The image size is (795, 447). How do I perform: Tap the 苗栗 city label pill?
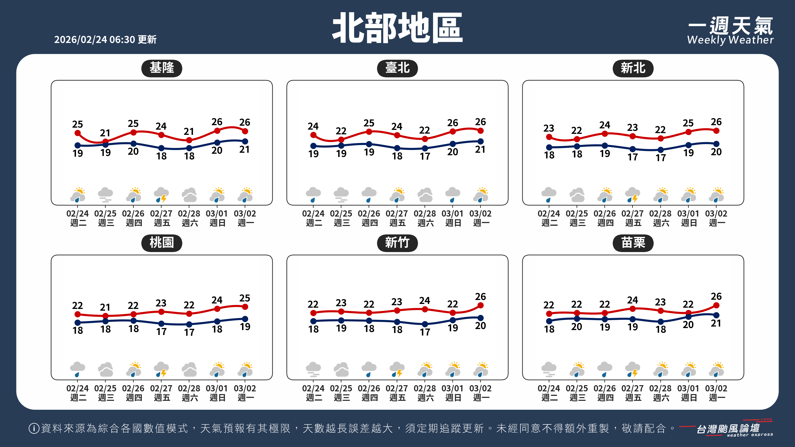[633, 243]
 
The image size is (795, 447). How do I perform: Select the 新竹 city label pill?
[397, 243]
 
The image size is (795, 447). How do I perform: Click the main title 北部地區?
[397, 28]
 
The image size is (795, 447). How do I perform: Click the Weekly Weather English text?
[730, 40]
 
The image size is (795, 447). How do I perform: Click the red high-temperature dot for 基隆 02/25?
[106, 142]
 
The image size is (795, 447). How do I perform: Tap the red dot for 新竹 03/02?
[480, 305]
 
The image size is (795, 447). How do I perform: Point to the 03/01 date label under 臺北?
[452, 214]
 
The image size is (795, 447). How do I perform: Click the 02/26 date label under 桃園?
[133, 388]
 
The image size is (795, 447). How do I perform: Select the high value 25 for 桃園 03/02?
[245, 298]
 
